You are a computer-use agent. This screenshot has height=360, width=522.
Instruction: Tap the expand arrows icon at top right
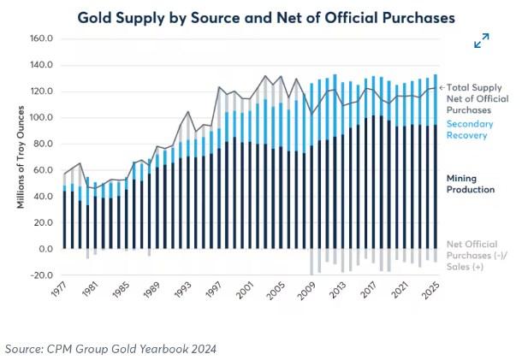coord(481,40)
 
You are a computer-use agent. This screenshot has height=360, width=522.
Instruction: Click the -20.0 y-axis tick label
coord(41,275)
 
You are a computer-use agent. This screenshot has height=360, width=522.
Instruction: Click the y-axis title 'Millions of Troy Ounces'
coord(17,155)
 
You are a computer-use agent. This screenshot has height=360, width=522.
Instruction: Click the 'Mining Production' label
coord(471,183)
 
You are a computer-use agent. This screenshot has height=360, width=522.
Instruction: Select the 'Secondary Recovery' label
coord(472,129)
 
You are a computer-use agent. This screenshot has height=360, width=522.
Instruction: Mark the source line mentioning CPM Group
coord(110,348)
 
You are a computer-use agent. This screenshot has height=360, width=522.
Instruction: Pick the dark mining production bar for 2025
coord(436,187)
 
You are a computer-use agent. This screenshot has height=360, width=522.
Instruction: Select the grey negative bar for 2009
coord(311,262)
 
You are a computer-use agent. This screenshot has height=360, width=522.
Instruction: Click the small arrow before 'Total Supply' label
coord(442,88)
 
